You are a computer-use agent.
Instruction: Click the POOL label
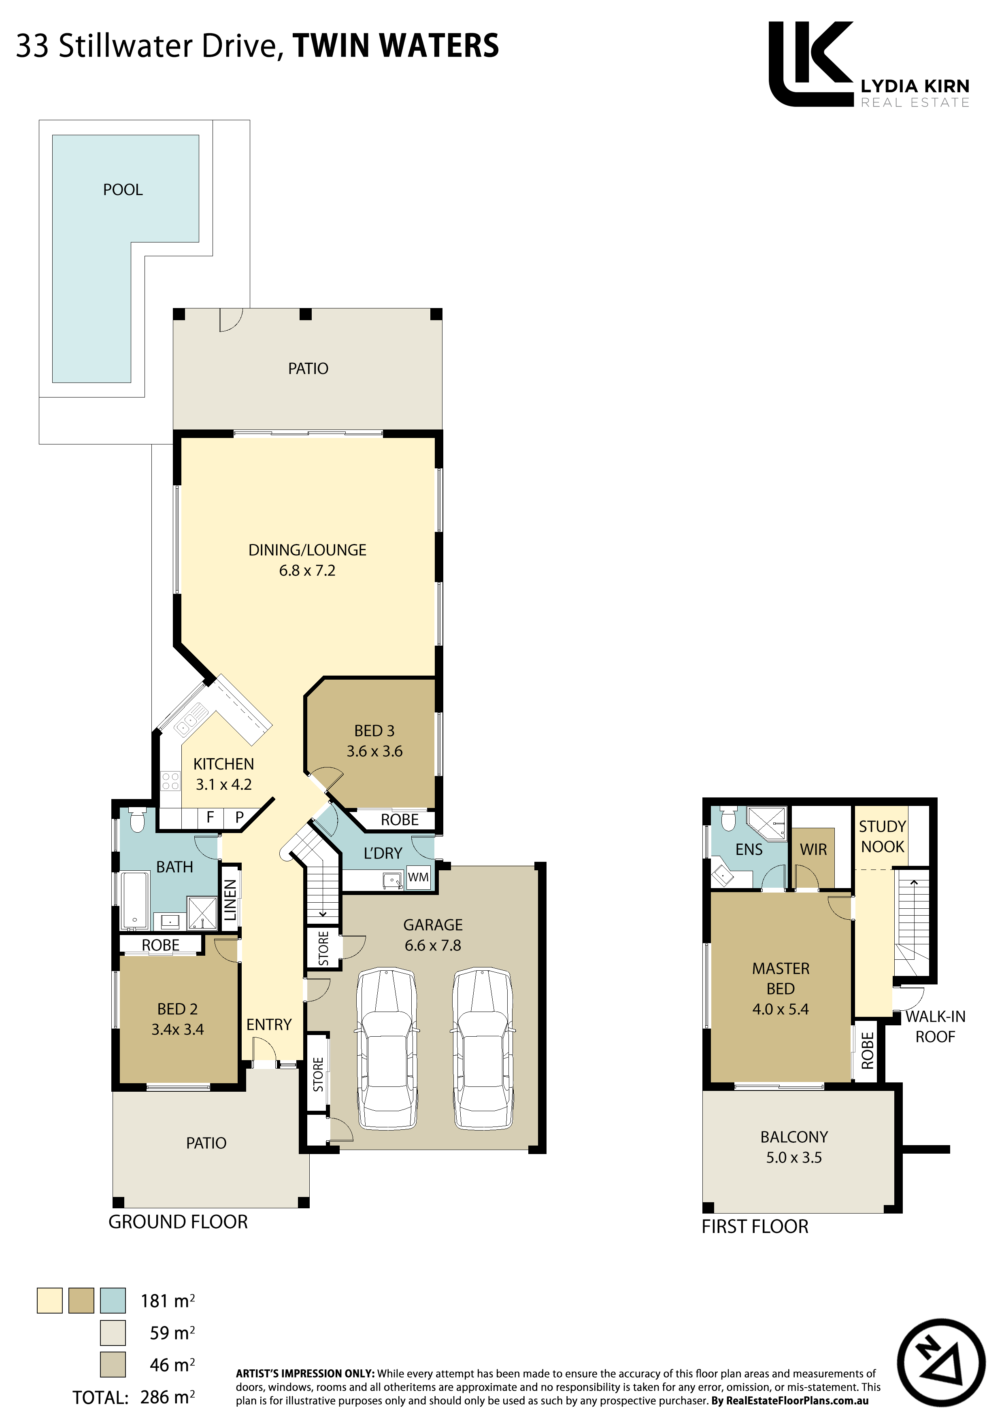click(123, 189)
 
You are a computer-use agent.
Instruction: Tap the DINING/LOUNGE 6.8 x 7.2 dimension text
click(307, 570)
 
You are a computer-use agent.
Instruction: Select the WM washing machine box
click(418, 877)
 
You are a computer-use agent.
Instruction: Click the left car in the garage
click(387, 1049)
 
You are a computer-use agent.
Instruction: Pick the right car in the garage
click(483, 1049)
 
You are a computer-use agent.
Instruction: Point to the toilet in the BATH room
click(137, 819)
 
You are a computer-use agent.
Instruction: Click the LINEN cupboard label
click(230, 900)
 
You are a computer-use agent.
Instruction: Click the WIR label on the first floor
click(813, 849)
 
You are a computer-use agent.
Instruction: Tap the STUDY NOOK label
click(882, 836)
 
